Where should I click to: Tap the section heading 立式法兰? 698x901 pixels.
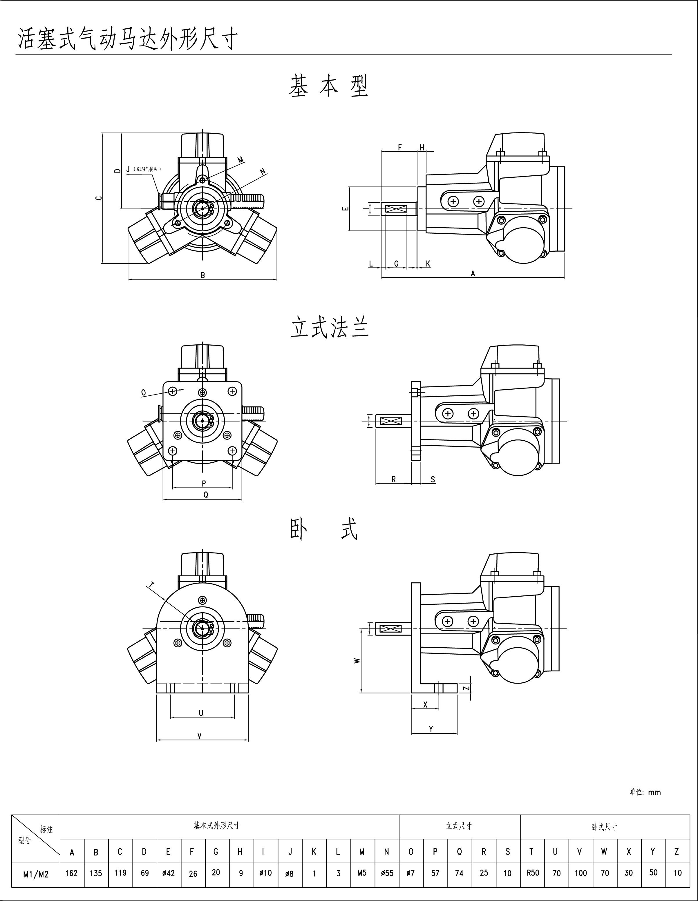(x=329, y=328)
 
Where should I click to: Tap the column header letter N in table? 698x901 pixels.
(x=386, y=851)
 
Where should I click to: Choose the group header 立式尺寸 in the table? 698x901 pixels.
(x=459, y=826)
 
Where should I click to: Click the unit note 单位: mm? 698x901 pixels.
(x=645, y=792)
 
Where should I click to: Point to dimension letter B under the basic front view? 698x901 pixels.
(x=203, y=275)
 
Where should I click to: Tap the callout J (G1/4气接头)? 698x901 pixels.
(x=144, y=169)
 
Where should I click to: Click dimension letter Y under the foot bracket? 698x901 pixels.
(x=431, y=729)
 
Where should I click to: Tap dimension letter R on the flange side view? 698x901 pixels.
(x=394, y=479)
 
